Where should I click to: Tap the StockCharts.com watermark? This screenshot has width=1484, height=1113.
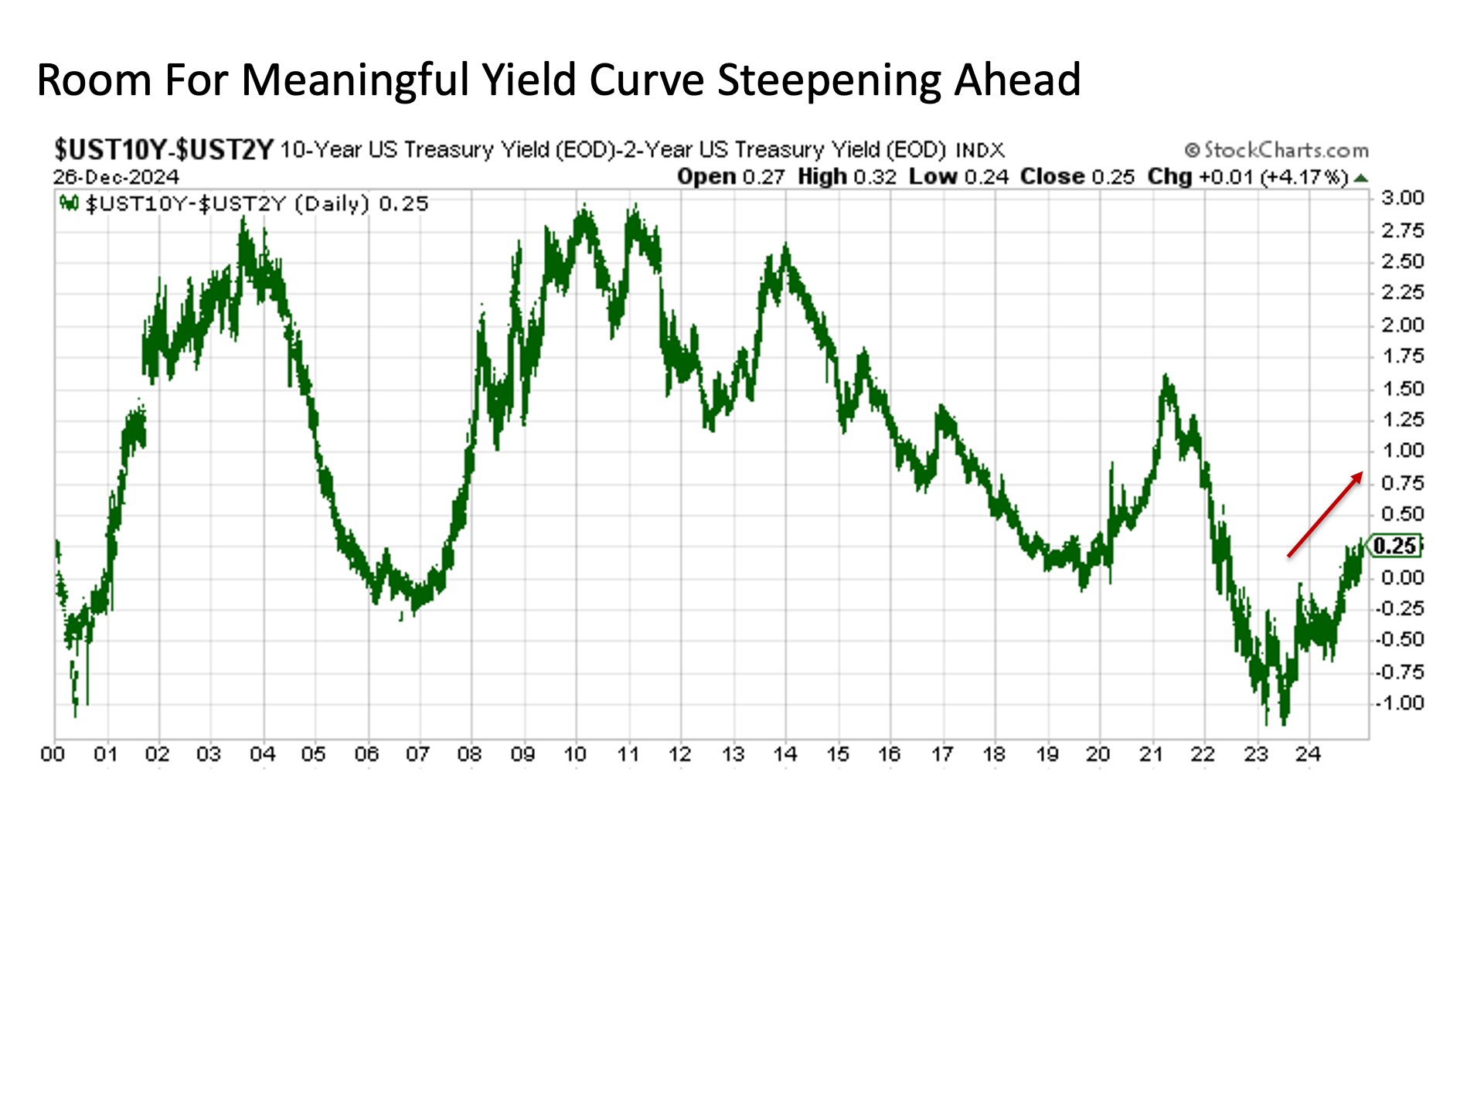point(1276,150)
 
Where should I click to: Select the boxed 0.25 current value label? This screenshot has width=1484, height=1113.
point(1394,546)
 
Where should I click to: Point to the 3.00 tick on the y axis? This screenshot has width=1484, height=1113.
point(1402,198)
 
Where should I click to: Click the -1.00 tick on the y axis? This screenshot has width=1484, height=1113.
point(1399,703)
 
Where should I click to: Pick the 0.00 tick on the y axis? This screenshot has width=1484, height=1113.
point(1402,577)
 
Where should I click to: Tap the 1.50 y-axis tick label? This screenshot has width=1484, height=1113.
point(1402,388)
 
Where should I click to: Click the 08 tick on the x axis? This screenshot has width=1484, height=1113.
point(469,754)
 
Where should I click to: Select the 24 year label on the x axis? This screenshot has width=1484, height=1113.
point(1308,754)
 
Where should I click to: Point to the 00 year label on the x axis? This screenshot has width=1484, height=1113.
point(53,754)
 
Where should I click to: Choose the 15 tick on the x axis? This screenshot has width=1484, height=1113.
point(837,754)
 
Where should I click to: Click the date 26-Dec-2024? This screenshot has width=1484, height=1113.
point(116,177)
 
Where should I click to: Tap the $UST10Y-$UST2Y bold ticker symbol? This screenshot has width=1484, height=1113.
point(164,149)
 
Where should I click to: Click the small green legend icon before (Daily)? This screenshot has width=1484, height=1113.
point(70,204)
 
